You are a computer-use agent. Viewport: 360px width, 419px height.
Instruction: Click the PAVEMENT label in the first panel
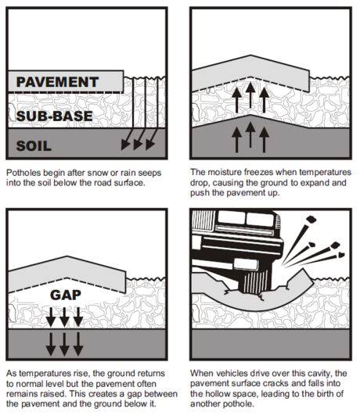coord(57,82)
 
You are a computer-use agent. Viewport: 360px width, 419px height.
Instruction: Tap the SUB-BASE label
coord(55,116)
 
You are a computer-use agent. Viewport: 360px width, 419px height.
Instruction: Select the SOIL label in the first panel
coord(34,146)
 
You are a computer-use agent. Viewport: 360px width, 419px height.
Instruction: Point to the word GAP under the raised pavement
coord(66,295)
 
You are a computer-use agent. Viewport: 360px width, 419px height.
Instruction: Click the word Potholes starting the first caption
coord(23,173)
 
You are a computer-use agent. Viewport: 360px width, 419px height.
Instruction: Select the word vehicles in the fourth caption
coord(232,373)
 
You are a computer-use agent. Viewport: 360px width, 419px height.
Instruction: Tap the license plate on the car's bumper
coord(246,264)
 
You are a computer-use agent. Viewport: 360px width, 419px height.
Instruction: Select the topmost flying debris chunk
coord(311,220)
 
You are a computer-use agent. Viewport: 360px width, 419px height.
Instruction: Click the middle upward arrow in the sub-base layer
coord(250,95)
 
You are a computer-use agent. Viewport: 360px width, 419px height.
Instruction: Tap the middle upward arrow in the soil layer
coord(250,134)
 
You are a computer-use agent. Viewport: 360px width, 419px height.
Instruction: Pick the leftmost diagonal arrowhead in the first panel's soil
coord(125,145)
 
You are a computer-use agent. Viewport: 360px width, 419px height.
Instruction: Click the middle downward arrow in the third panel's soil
coord(64,345)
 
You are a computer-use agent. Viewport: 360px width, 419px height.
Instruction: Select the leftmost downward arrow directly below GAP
coord(51,317)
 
